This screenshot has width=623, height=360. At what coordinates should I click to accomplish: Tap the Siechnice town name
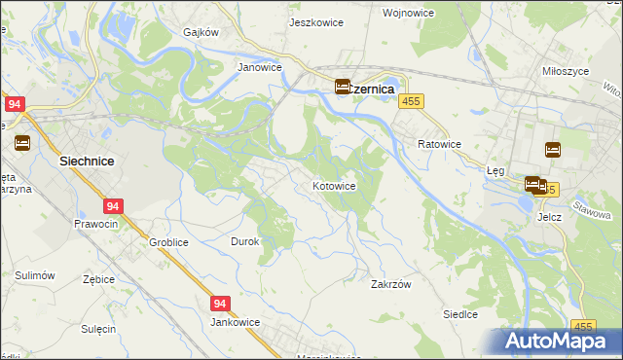click(89, 163)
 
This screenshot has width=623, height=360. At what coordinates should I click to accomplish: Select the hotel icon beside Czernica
click(344, 87)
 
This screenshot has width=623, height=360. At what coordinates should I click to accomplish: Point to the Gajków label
click(202, 31)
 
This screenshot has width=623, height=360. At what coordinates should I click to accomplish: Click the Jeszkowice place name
click(312, 20)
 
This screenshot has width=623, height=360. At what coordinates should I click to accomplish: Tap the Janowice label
click(260, 68)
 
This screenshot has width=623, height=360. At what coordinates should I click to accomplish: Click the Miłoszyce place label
click(564, 71)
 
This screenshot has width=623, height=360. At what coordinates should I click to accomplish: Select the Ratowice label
click(439, 144)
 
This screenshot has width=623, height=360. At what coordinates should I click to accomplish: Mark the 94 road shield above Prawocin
click(114, 206)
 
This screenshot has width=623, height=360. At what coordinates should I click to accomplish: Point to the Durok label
click(244, 241)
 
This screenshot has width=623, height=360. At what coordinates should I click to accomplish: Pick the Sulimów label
click(35, 276)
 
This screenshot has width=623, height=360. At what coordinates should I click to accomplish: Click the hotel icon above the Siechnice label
click(22, 143)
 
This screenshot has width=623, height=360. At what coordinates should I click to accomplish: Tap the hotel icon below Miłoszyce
click(552, 150)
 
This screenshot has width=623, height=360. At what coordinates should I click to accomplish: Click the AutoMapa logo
click(562, 342)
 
